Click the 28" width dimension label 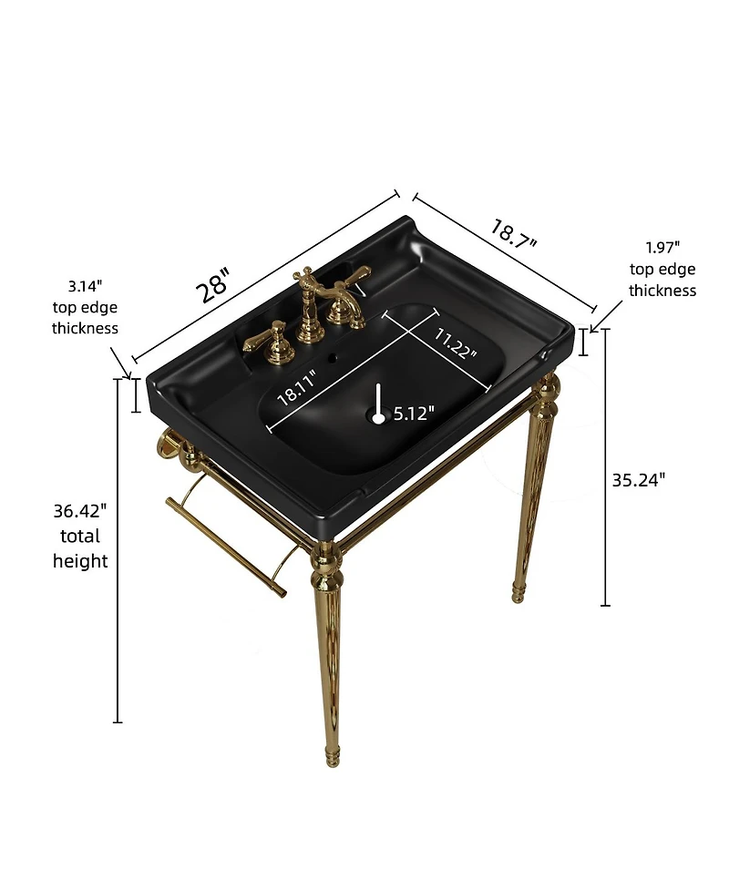pyautogui.click(x=213, y=285)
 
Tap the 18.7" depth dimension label pyautogui.click(x=513, y=234)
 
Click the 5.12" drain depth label pyautogui.click(x=414, y=414)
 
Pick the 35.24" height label pyautogui.click(x=638, y=480)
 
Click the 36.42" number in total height pyautogui.click(x=80, y=511)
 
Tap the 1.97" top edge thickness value pyautogui.click(x=662, y=248)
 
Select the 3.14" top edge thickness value pyautogui.click(x=85, y=286)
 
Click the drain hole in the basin pyautogui.click(x=378, y=418)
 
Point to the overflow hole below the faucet pyautogui.click(x=332, y=358)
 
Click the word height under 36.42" pyautogui.click(x=80, y=561)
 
